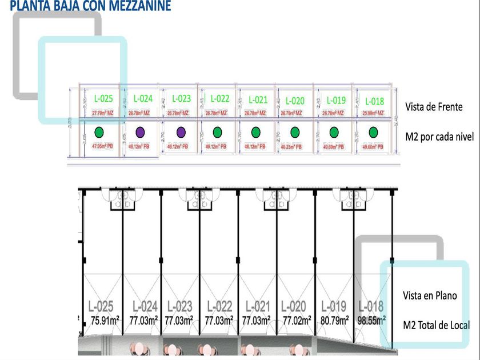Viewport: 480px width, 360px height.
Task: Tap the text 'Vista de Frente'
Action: pyautogui.click(x=434, y=107)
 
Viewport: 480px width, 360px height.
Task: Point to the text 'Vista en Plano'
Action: pyautogui.click(x=430, y=295)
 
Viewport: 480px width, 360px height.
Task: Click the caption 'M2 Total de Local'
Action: pyautogui.click(x=437, y=325)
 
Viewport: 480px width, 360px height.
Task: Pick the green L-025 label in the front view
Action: pyautogui.click(x=103, y=99)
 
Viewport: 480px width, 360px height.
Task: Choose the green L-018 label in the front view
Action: pyautogui.click(x=374, y=101)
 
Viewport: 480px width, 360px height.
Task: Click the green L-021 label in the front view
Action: pyautogui.click(x=258, y=100)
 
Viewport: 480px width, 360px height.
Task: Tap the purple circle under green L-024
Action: pyautogui.click(x=141, y=133)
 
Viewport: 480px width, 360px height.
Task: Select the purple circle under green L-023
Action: pyautogui.click(x=181, y=133)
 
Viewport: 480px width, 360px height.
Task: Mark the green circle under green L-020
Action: pyautogui.click(x=295, y=133)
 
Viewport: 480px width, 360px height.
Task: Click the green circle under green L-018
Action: pyautogui.click(x=373, y=133)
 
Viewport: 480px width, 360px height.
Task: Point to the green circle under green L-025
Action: pyautogui.click(x=99, y=133)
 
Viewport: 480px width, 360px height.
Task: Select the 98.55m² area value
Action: pyautogui.click(x=371, y=321)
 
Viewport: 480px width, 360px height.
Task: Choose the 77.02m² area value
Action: pyautogui.click(x=297, y=321)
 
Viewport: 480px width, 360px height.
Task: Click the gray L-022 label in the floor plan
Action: pyautogui.click(x=219, y=307)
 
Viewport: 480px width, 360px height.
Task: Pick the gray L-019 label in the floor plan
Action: pyautogui.click(x=334, y=307)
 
